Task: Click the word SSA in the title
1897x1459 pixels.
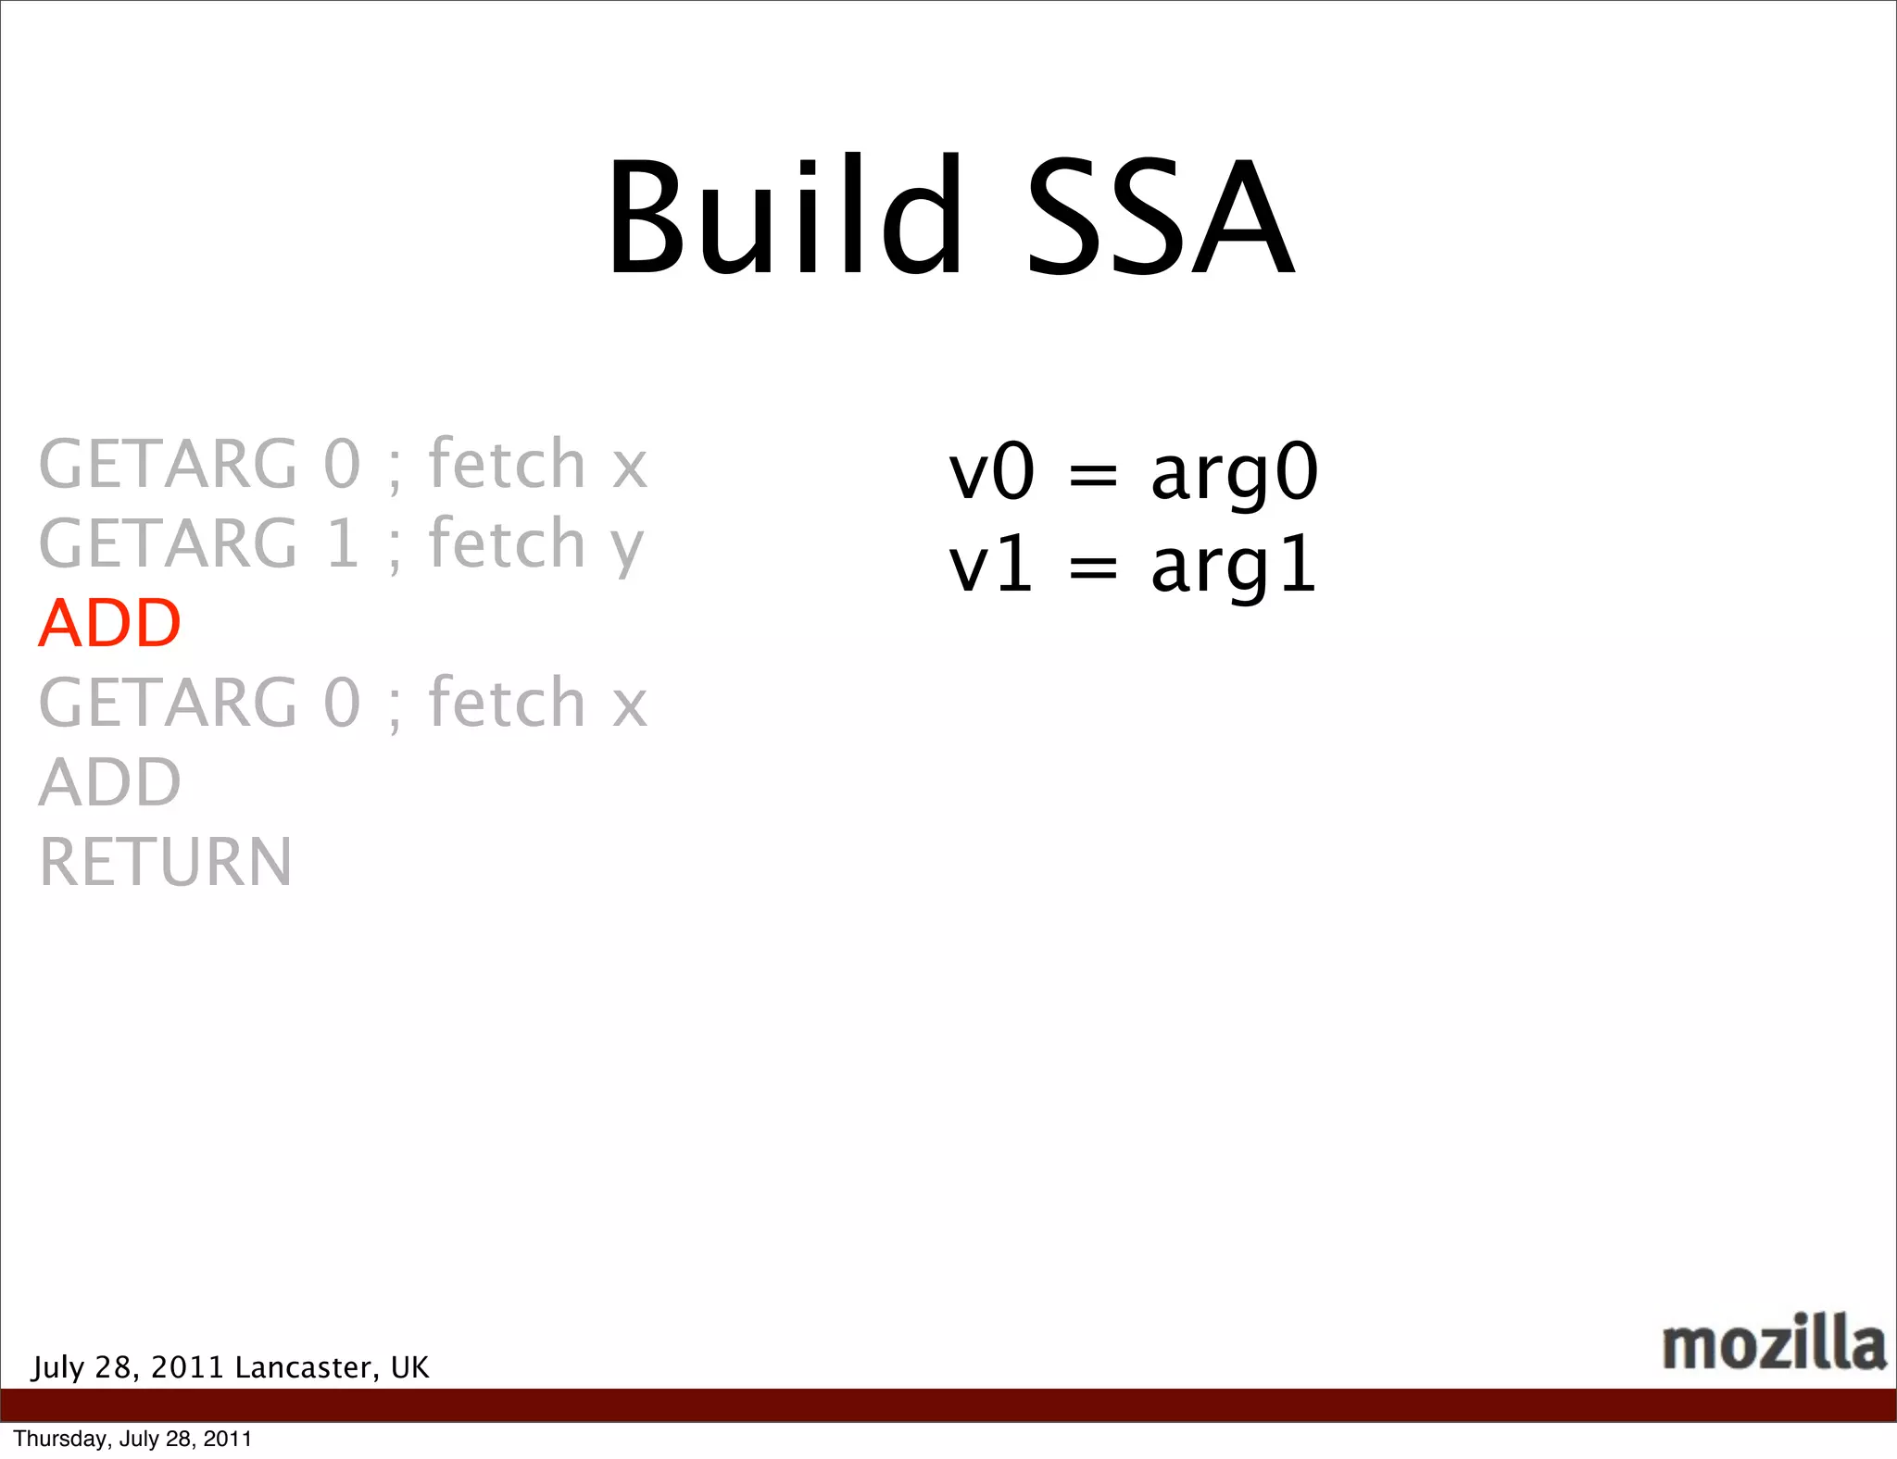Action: coord(1161,218)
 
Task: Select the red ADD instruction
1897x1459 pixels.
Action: coord(109,623)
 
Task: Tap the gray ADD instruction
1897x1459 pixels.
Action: coord(109,782)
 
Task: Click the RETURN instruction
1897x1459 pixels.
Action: coord(166,862)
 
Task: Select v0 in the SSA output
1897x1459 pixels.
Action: coord(991,472)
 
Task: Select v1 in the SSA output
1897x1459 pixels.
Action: coord(989,565)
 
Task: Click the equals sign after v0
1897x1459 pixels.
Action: coord(1093,476)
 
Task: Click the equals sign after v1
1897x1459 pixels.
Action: coord(1093,568)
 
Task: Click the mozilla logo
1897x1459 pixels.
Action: coord(1773,1343)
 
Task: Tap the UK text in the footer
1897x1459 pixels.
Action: coord(409,1367)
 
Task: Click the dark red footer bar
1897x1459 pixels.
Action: coord(948,1404)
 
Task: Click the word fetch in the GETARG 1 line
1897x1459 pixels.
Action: coord(507,543)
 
